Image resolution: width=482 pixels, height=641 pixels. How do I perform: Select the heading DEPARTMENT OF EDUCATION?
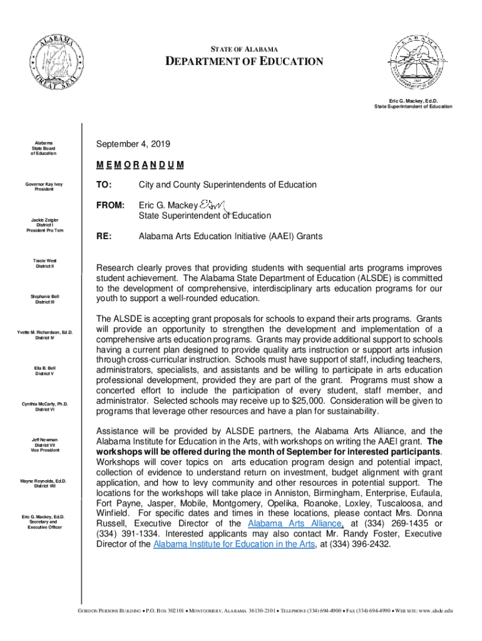[244, 61]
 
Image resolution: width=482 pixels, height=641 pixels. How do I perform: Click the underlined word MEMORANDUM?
[140, 165]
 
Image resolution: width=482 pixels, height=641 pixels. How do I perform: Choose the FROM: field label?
[110, 205]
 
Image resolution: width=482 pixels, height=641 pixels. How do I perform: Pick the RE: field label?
[104, 236]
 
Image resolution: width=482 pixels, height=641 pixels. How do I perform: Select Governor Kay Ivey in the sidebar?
[44, 185]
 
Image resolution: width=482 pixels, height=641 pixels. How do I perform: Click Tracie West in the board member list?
[44, 260]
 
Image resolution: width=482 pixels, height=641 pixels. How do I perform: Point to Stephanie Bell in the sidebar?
[44, 296]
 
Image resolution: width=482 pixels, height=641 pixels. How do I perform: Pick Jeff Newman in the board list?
[44, 440]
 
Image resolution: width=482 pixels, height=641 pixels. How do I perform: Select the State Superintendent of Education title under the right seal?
[413, 106]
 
